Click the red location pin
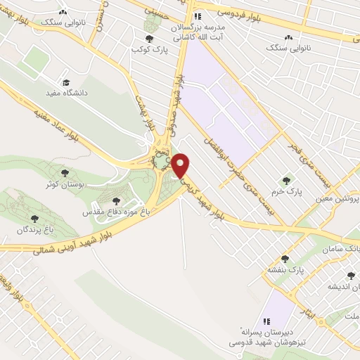tap(181, 165)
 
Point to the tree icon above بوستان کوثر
tap(64, 171)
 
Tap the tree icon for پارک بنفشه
tap(284, 259)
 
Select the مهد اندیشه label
tap(345, 286)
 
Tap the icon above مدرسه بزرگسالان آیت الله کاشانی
tap(198, 15)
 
